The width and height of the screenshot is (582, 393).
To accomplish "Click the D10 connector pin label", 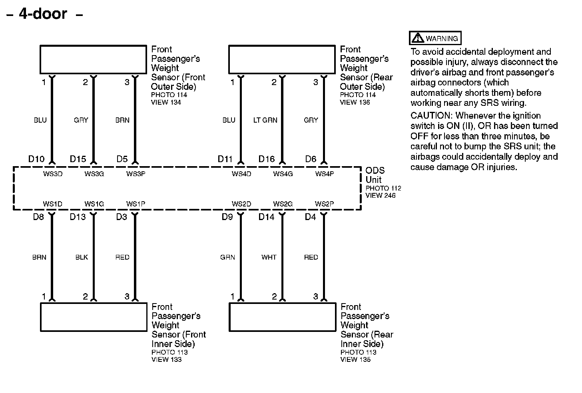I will [36, 159].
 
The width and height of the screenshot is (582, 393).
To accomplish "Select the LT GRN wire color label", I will [265, 120].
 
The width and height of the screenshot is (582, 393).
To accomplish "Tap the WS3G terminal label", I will [94, 174].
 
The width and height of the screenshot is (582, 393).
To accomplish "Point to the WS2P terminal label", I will [324, 204].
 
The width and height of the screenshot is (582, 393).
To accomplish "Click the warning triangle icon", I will [418, 38].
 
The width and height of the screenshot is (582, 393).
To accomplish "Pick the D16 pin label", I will [267, 159].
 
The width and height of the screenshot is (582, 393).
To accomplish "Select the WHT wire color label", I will [269, 257].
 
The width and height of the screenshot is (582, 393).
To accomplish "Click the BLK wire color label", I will [82, 257].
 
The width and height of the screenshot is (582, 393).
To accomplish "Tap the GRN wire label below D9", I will [227, 257].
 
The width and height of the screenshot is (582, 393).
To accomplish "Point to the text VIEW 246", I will [380, 196].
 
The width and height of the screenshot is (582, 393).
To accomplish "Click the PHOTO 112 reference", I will [383, 188].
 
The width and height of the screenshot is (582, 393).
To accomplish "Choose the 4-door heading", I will [43, 14].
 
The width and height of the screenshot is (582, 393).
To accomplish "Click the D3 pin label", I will [122, 217].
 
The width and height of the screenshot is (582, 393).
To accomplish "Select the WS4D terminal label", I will [241, 174].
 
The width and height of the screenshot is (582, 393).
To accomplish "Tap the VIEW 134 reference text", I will [165, 102].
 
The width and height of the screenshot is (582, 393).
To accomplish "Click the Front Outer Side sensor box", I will [93, 60].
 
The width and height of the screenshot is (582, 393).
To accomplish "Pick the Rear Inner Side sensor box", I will [282, 317].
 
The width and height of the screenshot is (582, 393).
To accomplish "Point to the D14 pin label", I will [267, 217].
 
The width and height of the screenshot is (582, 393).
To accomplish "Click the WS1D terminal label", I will [53, 204].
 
